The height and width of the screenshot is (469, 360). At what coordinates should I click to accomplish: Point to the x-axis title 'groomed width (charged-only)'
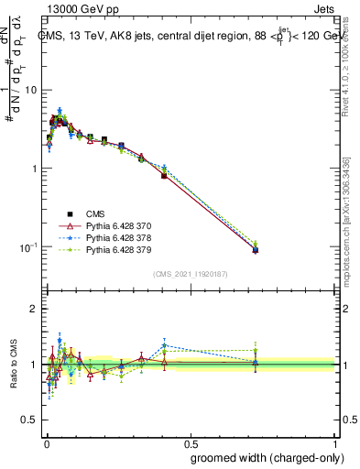(264, 457)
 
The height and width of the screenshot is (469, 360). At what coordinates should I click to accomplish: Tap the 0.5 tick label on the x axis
(191, 442)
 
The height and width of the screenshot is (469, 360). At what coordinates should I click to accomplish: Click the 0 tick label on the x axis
(47, 442)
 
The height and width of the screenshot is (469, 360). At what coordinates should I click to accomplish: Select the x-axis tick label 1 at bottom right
(336, 442)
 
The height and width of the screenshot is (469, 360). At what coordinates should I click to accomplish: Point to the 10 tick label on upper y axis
(32, 90)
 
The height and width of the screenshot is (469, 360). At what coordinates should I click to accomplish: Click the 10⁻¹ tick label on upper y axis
(30, 247)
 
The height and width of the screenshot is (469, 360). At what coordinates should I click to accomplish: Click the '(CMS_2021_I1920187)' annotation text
(191, 274)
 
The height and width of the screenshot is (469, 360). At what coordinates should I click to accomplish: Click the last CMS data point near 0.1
(256, 249)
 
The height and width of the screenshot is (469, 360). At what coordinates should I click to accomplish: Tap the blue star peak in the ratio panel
(164, 345)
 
